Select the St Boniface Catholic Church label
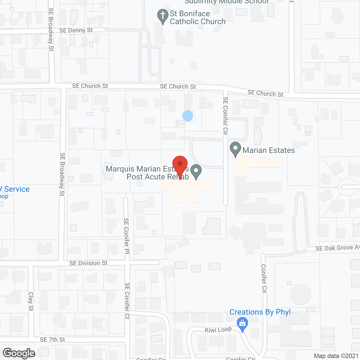click(197, 17)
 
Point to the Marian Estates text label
click(269, 150)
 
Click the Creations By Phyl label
click(260, 312)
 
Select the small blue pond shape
click(188, 116)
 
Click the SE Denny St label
click(76, 30)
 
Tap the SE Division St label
click(88, 263)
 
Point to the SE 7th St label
click(52, 340)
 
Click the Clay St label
click(31, 301)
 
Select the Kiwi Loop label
click(218, 330)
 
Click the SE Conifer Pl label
click(127, 236)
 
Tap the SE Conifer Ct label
click(127, 301)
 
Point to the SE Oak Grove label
click(337, 248)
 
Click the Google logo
click(19, 353)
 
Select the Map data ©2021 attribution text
click(336, 356)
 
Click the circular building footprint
click(300, 294)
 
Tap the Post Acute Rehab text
click(157, 177)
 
